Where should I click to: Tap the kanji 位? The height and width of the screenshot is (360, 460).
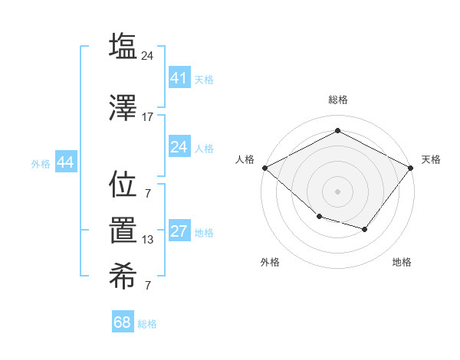(x=123, y=185)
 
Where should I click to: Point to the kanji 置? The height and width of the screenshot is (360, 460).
(x=123, y=231)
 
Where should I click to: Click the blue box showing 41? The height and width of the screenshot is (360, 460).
(x=179, y=77)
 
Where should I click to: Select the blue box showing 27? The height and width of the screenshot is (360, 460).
(x=179, y=231)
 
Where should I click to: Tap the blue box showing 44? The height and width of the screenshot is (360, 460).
(x=65, y=162)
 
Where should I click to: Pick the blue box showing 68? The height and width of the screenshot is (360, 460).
(x=123, y=322)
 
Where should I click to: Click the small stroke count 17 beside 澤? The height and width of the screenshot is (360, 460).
(x=147, y=117)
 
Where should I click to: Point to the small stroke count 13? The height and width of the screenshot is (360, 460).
(x=147, y=240)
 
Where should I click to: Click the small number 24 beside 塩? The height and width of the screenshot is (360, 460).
(x=148, y=56)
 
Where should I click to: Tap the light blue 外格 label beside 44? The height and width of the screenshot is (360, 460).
(x=41, y=163)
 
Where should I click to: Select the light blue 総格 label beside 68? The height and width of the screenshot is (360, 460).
(x=147, y=324)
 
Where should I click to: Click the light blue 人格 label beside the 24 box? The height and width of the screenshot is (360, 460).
(x=204, y=148)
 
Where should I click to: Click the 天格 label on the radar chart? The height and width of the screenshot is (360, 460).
(x=431, y=159)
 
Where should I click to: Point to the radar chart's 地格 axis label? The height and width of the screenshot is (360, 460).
(x=402, y=263)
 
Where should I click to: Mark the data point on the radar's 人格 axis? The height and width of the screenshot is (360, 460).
(x=265, y=168)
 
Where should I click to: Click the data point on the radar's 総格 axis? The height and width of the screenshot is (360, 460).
(x=337, y=131)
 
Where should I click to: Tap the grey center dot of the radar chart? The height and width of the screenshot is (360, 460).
(x=337, y=191)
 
